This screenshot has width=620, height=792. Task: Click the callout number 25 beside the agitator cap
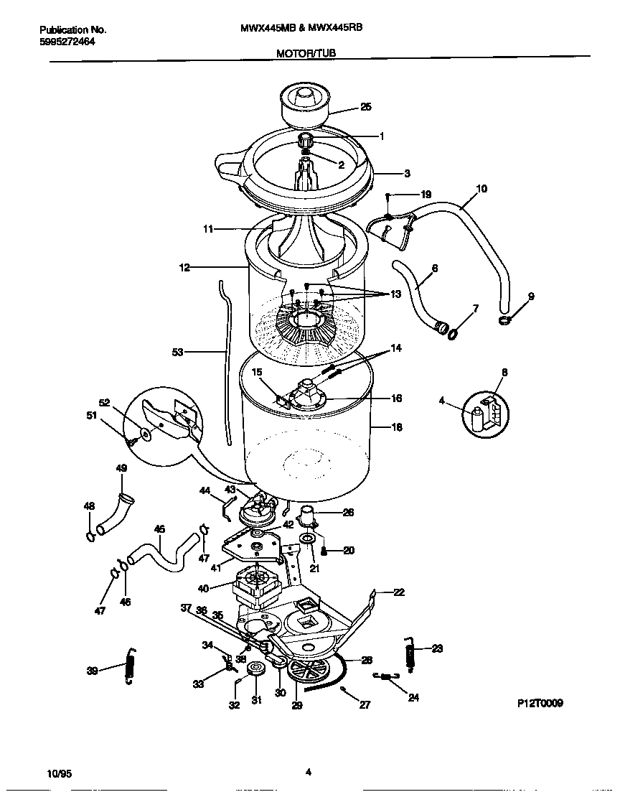point(365,107)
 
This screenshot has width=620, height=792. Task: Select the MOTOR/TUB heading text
point(306,53)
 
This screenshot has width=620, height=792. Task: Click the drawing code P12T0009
point(540,704)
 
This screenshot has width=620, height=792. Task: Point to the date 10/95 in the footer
point(59,773)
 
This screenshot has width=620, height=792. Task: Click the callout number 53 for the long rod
point(178,352)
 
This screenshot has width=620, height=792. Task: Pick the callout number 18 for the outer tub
point(396,427)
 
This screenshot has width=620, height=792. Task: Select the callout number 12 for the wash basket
point(184,268)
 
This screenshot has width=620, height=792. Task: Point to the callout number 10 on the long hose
point(481,189)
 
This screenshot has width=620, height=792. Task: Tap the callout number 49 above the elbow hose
point(121,468)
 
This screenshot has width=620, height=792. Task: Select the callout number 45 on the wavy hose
point(159,529)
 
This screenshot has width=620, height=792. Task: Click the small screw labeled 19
point(387,197)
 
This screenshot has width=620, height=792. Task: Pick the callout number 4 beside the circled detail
point(442,401)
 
